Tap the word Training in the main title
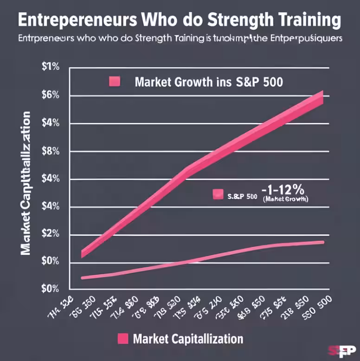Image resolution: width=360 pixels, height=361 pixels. (x=307, y=20)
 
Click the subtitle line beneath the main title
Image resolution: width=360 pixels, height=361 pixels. (x=180, y=39)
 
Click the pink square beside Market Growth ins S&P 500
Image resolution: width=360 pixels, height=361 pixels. (x=114, y=82)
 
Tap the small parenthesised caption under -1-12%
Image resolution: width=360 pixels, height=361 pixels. (x=285, y=199)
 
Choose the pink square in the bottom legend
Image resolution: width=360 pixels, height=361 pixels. (x=122, y=338)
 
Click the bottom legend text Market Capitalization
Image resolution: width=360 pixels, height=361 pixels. (x=187, y=338)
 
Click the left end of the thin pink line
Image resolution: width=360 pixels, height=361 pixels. (x=83, y=277)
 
